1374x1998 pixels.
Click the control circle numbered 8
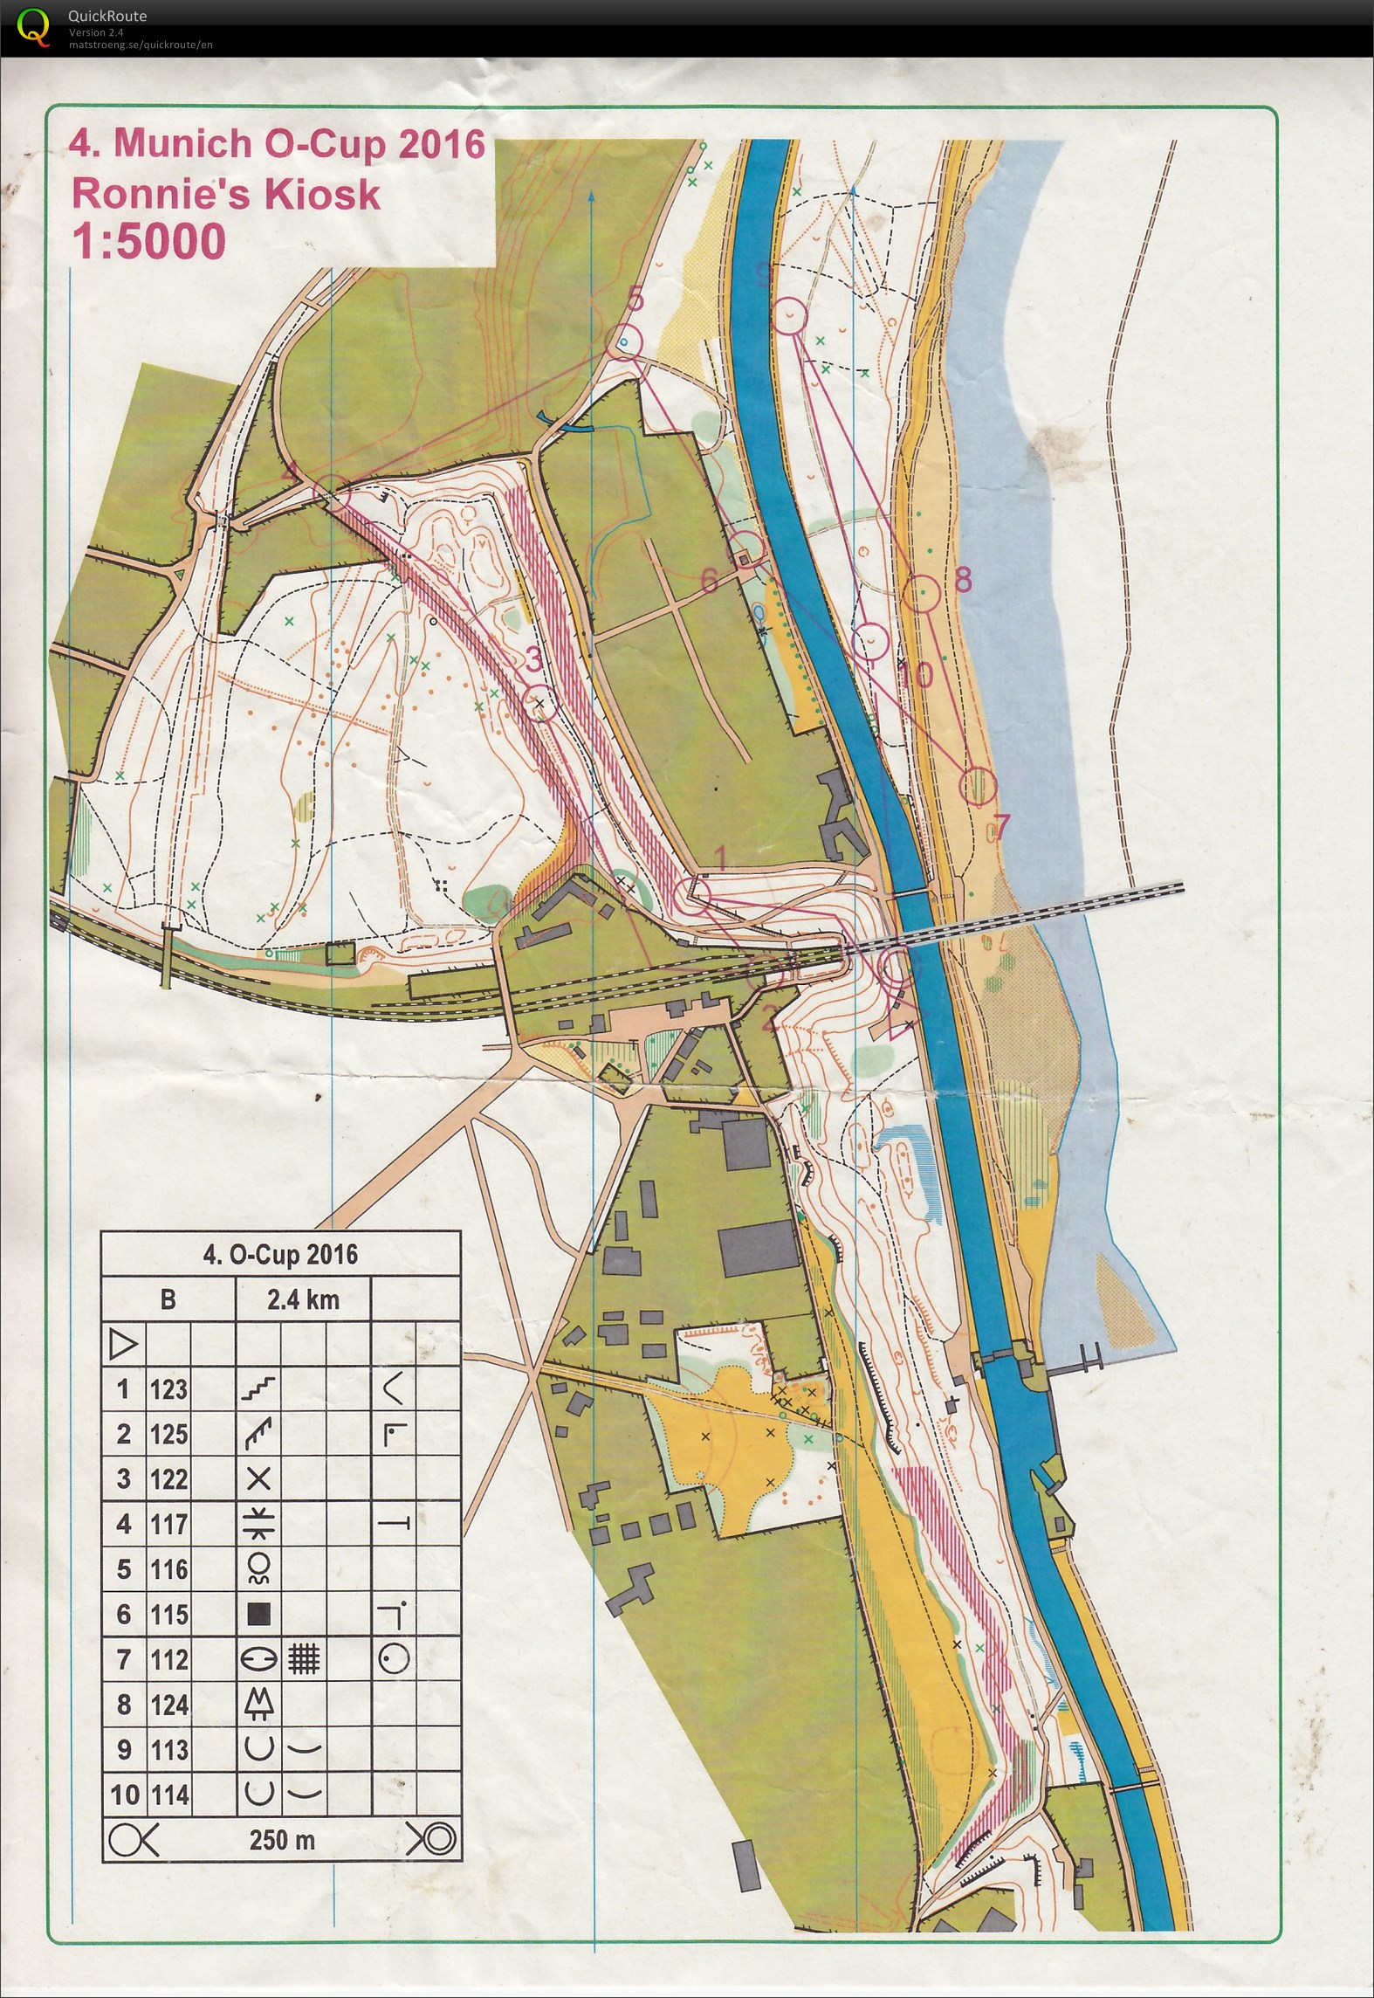point(921,594)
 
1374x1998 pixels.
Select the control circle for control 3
point(539,703)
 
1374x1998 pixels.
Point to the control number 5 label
point(635,300)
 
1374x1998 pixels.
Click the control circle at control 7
point(978,785)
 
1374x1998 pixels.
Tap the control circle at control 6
point(747,548)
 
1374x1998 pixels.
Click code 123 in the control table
point(168,1388)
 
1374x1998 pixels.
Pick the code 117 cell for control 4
point(168,1524)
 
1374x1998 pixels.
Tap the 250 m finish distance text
point(281,1840)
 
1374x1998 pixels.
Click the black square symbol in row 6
point(258,1615)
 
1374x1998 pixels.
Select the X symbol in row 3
point(258,1478)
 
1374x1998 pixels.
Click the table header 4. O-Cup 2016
point(280,1255)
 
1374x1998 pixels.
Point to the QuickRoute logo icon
point(33,24)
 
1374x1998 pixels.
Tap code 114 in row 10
point(168,1795)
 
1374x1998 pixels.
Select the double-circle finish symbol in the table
point(431,1840)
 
